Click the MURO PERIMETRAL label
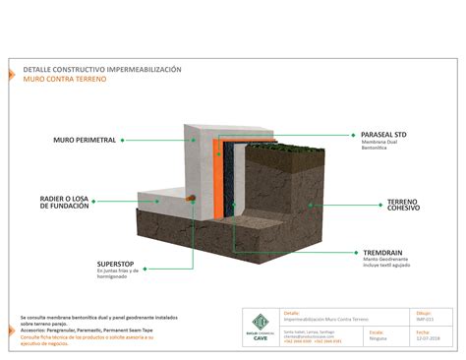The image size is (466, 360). click(86, 141)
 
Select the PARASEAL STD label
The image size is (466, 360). click(383, 135)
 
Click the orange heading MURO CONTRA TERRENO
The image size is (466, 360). click(68, 79)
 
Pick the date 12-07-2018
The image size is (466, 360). click(427, 339)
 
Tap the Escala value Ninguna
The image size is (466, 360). click(378, 339)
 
